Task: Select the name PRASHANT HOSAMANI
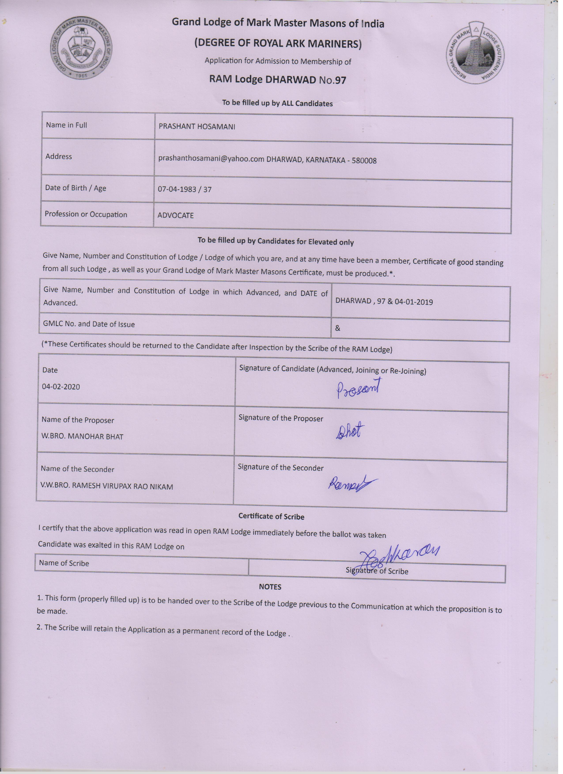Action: [x=197, y=127]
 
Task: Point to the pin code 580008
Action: [x=364, y=160]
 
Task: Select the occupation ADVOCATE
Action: [x=176, y=216]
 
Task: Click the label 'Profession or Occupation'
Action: [x=86, y=214]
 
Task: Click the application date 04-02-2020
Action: [x=61, y=387]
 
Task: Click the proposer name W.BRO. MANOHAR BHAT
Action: [x=82, y=437]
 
